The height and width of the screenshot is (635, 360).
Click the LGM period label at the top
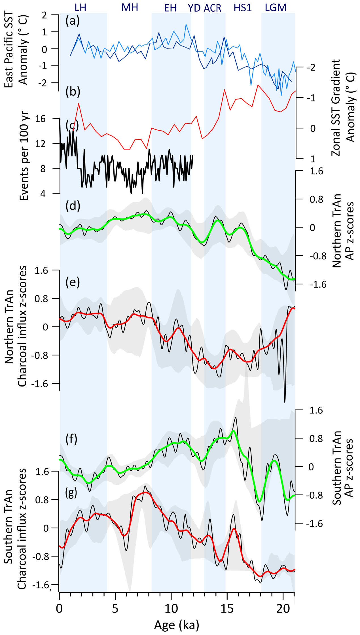276,8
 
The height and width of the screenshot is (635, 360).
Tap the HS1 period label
243,8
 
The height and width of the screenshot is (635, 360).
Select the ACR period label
212,8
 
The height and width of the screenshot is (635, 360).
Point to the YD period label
194,8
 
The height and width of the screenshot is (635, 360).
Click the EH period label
170,8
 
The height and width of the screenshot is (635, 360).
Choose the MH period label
130,7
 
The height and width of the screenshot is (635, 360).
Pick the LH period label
81,7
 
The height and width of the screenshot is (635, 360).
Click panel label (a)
73,21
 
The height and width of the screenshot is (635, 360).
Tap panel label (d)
73,206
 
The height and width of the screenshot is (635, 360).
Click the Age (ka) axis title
176,625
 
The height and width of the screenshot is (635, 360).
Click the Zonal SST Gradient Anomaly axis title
343,108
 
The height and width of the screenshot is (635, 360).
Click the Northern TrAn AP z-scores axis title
343,231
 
